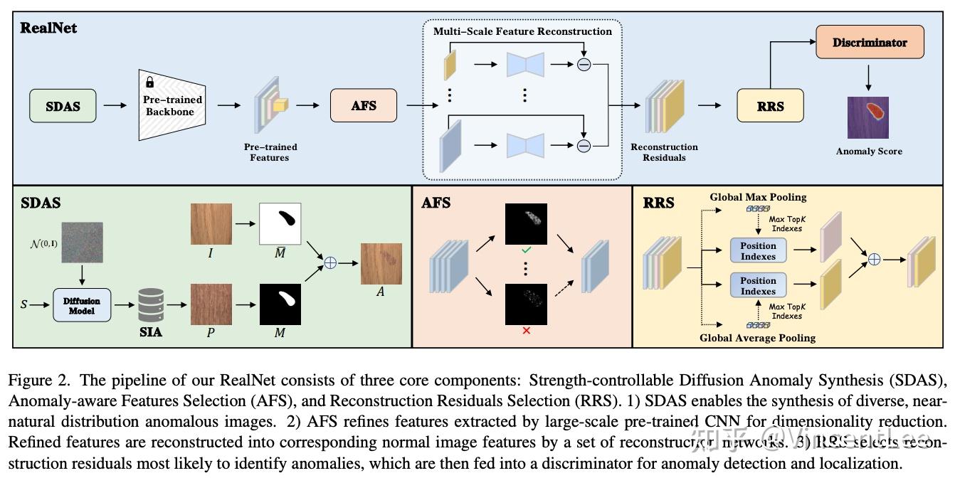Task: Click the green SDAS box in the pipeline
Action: pos(63,106)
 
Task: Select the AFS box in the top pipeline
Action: pos(364,105)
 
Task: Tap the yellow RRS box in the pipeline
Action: pos(770,106)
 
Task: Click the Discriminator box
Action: pos(870,43)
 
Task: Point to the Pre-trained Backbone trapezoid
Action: pos(172,105)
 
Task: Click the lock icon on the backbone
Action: pos(150,83)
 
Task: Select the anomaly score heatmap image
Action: pos(868,117)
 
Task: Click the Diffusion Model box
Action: pos(82,305)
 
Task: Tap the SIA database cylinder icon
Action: pos(150,304)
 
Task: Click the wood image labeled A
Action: pos(381,264)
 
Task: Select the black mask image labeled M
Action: pos(280,304)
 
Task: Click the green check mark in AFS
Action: pos(526,250)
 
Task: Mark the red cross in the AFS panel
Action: pos(526,331)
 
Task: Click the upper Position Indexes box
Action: pos(758,251)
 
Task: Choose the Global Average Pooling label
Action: pos(757,338)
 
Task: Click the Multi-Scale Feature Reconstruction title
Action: pos(522,31)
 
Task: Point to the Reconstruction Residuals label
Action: pos(664,152)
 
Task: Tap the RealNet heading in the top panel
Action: pos(48,28)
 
